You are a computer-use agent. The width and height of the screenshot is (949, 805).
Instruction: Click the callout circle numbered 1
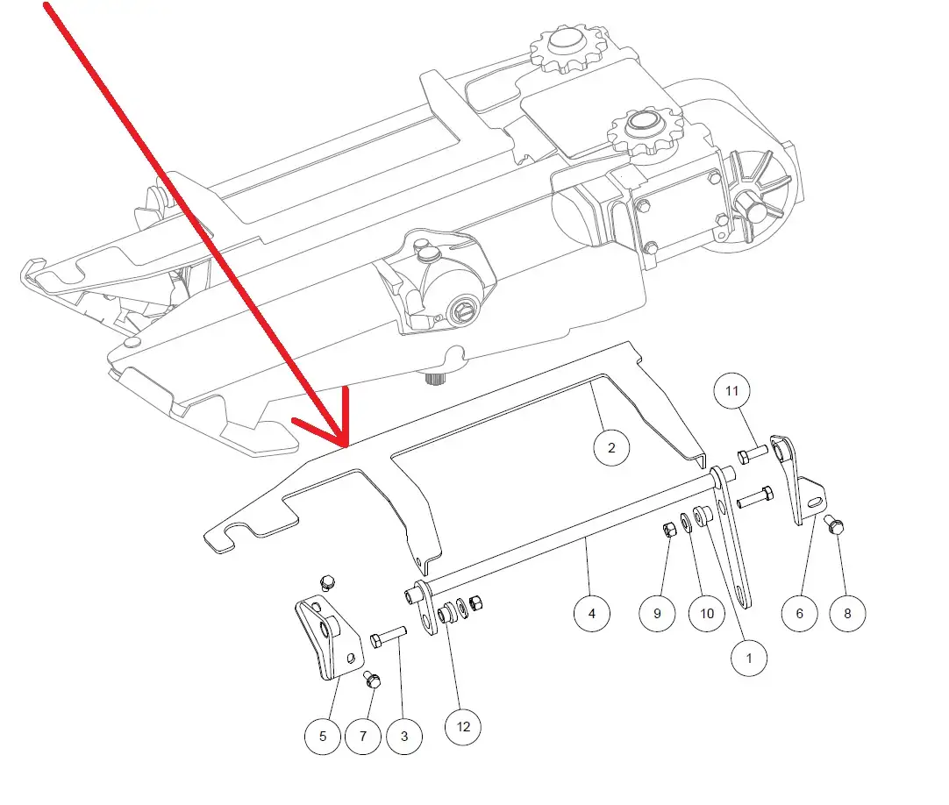tap(749, 658)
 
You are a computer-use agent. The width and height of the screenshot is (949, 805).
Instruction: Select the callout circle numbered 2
tap(611, 448)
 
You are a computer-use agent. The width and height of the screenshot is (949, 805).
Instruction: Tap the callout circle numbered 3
tap(404, 736)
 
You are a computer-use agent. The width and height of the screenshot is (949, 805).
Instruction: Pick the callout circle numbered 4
tap(592, 613)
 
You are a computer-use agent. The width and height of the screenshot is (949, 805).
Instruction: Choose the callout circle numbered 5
tap(323, 736)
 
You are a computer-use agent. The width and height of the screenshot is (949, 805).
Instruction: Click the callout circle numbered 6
tap(800, 613)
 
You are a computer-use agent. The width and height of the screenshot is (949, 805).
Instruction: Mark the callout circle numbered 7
tap(363, 736)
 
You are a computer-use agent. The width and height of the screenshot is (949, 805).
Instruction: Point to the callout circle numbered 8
tap(847, 613)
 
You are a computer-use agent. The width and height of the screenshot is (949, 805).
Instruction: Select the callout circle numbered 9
tap(657, 613)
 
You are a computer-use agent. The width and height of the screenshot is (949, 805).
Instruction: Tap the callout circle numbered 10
tap(707, 613)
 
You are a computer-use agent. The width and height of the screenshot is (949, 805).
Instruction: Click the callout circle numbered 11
tap(732, 391)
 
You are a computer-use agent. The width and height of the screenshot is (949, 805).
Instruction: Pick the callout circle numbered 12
tap(463, 726)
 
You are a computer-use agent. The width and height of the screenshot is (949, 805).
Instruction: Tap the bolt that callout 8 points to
tap(834, 524)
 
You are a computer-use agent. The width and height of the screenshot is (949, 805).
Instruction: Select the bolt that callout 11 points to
tap(753, 454)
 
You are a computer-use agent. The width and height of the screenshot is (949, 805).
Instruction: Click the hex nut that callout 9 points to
tap(669, 531)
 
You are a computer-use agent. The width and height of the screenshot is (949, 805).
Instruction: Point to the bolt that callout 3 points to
tap(388, 638)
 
